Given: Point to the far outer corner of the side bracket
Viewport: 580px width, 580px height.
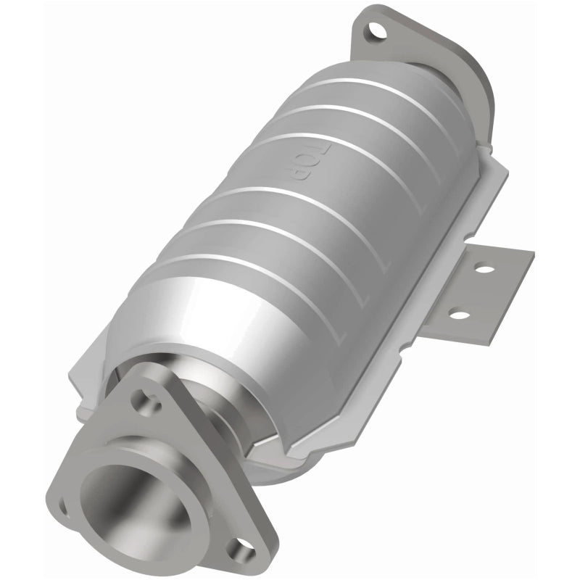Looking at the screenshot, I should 533,254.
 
